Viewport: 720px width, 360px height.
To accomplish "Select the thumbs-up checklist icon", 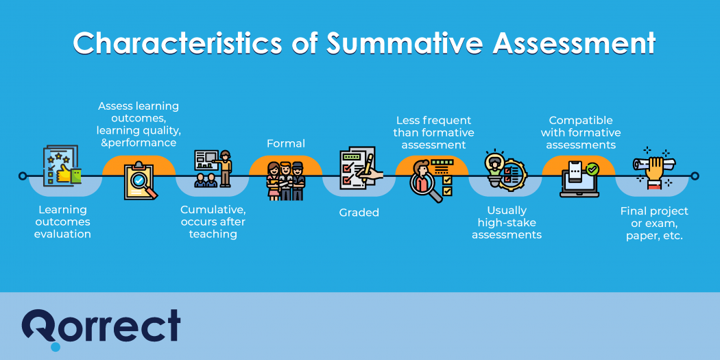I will point(62,167).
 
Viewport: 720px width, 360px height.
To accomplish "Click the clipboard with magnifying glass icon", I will point(139,180).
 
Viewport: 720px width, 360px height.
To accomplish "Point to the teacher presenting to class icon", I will point(213,168).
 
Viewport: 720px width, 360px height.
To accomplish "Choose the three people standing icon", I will point(285,180).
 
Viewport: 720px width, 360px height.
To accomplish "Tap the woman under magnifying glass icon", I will point(431,180).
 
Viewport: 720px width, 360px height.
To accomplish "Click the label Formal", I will point(285,143).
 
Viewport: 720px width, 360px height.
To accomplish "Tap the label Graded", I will point(359,213).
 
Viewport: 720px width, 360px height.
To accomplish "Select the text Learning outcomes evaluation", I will point(62,222).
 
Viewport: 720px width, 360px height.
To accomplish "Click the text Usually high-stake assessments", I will point(506,222).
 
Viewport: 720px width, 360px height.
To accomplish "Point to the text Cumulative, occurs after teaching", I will point(213,222).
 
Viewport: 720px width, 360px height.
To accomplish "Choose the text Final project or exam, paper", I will point(653,223).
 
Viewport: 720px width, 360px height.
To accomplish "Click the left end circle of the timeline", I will point(23,176).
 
